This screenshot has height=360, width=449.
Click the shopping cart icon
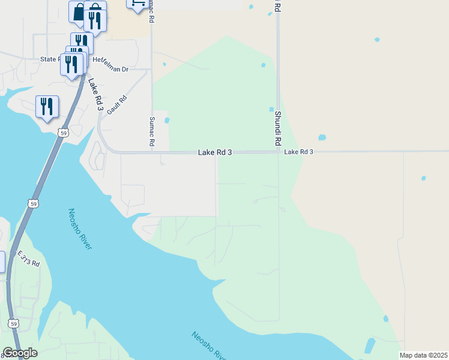[137, 4]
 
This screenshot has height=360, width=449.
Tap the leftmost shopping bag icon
[79, 13]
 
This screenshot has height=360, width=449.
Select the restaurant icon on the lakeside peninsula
[47, 107]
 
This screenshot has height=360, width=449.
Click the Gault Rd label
[118, 106]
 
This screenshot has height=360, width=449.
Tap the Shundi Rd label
[278, 128]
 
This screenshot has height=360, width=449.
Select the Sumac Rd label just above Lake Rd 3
[152, 132]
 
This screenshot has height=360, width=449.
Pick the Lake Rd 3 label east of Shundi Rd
[299, 152]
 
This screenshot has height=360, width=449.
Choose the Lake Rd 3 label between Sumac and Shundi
[215, 153]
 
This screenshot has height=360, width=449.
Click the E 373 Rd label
[28, 259]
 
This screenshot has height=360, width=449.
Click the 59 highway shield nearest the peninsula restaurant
[63, 133]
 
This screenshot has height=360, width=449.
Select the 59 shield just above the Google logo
[13, 323]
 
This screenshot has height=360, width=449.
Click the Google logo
[20, 353]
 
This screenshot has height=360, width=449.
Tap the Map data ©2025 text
[423, 355]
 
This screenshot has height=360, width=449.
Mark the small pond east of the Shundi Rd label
[322, 137]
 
